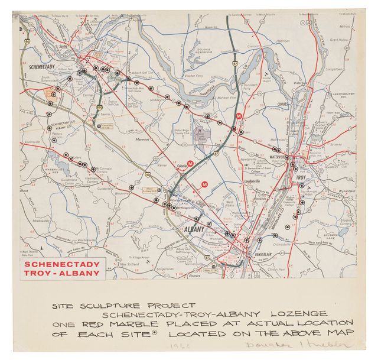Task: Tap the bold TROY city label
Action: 301,177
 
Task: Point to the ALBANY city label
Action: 194,229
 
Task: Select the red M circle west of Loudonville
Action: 204,185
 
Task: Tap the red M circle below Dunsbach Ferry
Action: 239,116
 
